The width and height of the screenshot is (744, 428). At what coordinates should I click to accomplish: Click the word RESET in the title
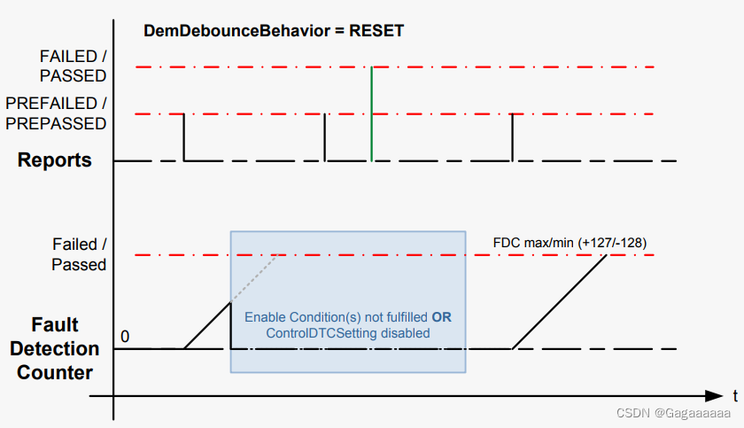(376, 31)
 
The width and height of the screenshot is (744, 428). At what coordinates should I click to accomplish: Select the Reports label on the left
(55, 160)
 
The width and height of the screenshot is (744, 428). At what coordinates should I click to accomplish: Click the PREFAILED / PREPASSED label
(55, 113)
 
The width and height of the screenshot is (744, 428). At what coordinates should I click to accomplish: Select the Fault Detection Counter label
(55, 348)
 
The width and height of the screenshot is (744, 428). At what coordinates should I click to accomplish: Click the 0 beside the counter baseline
(125, 337)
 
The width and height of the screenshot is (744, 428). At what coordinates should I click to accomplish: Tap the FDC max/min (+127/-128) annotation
(574, 242)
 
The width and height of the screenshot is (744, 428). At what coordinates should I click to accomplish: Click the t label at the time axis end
(734, 395)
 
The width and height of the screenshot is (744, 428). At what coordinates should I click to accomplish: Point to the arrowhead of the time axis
(717, 395)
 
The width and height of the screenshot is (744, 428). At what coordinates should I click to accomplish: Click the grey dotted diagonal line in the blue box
(257, 278)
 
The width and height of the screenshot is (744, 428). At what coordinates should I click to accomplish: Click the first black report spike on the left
(183, 137)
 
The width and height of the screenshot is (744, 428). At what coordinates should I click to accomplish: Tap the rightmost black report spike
(512, 137)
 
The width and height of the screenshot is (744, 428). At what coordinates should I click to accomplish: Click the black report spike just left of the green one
(325, 137)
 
